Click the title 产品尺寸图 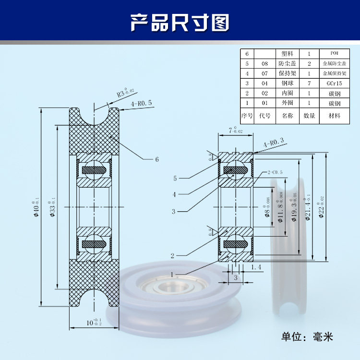click(x=180, y=22)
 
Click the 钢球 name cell click(x=287, y=83)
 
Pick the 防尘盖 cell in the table click(x=287, y=63)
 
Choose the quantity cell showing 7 click(x=310, y=83)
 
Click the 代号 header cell click(x=265, y=116)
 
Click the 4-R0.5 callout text click(x=141, y=103)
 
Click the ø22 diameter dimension click(x=321, y=207)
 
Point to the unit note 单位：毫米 click(x=307, y=336)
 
